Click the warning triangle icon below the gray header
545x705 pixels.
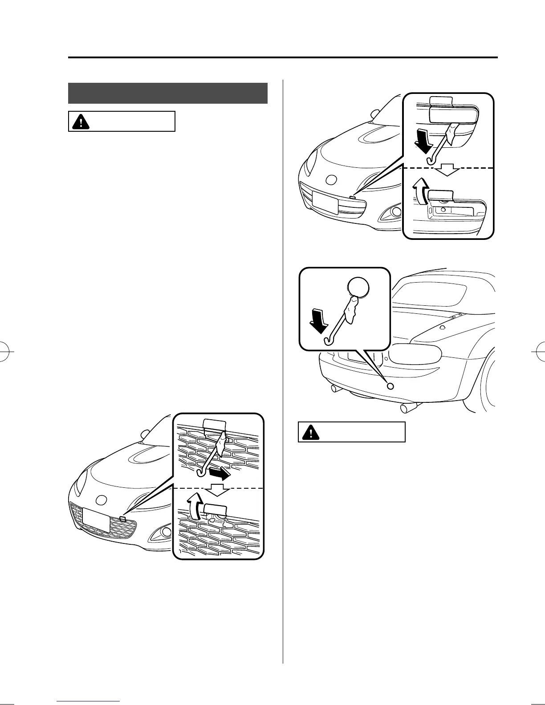pyautogui.click(x=81, y=122)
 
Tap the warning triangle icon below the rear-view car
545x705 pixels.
pyautogui.click(x=310, y=432)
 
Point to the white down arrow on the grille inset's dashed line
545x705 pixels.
pyautogui.click(x=218, y=490)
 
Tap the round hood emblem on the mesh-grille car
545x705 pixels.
pyautogui.click(x=102, y=500)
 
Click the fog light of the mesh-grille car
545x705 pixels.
pyautogui.click(x=166, y=531)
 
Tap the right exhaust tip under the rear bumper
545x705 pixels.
pyautogui.click(x=408, y=408)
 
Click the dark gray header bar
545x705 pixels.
pyautogui.click(x=167, y=93)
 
